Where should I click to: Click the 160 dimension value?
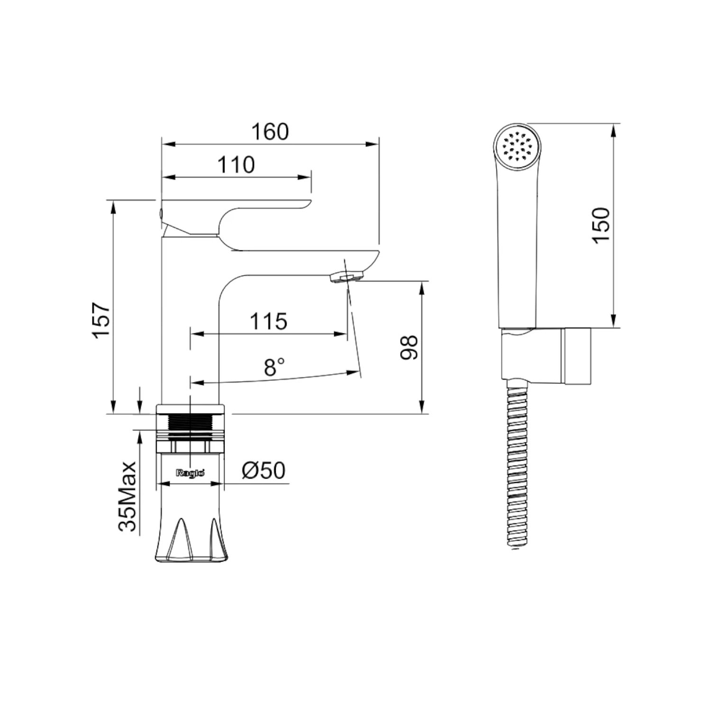click(270, 132)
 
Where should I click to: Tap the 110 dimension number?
click(236, 165)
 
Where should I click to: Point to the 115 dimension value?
click(268, 321)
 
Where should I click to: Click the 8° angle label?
click(274, 367)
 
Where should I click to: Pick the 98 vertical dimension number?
click(409, 347)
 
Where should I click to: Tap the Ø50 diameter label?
click(264, 470)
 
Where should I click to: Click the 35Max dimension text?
click(128, 496)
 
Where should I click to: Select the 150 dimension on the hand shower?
click(602, 226)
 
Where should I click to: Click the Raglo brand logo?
click(190, 473)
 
